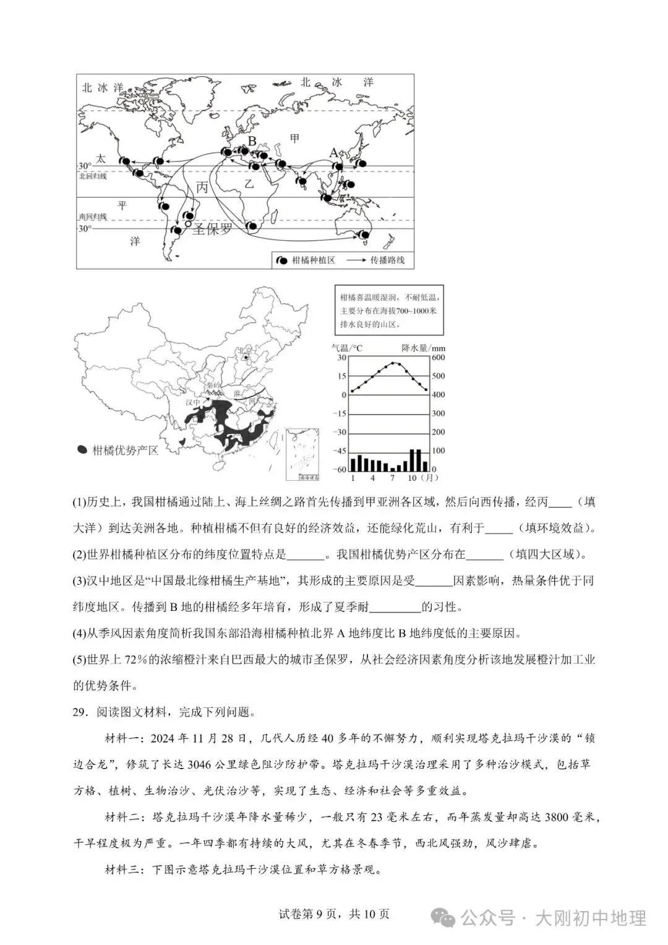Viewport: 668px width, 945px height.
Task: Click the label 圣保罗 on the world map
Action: (x=212, y=230)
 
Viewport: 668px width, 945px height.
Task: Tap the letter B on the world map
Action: (x=252, y=141)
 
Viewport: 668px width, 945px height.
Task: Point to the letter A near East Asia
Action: (x=333, y=153)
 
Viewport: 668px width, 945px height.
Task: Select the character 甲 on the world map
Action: (x=294, y=138)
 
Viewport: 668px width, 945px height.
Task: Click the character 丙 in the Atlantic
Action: (x=202, y=187)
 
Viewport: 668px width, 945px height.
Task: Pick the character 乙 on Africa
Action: (x=249, y=184)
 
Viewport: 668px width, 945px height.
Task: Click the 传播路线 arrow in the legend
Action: (x=355, y=261)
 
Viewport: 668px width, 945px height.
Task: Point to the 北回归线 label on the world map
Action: (x=92, y=176)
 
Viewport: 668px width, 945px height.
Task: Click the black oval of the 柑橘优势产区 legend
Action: (x=82, y=450)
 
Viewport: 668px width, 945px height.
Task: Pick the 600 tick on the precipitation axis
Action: (x=438, y=357)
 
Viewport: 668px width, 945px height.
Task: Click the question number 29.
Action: (x=79, y=712)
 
